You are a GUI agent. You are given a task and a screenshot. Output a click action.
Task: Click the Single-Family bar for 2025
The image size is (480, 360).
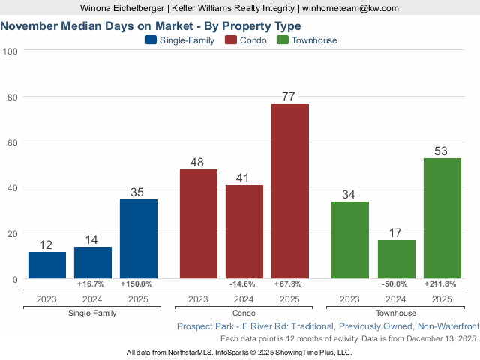[139, 238]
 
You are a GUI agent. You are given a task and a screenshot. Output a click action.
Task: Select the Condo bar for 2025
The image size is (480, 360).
[290, 190]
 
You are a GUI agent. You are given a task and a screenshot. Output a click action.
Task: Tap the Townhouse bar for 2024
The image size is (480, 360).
[396, 259]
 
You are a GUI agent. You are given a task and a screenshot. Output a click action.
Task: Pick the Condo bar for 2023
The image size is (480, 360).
[199, 223]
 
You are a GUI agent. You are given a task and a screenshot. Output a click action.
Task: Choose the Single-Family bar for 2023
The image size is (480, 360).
[47, 265]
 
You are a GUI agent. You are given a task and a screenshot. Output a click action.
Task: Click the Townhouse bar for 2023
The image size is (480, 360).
[350, 240]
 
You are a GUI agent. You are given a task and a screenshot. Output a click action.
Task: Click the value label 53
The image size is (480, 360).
[441, 151]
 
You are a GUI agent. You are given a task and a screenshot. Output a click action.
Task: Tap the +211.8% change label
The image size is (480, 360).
[441, 284]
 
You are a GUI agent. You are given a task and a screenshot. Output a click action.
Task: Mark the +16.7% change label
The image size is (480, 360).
[93, 284]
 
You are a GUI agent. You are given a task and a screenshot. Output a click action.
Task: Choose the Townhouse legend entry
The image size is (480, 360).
[307, 40]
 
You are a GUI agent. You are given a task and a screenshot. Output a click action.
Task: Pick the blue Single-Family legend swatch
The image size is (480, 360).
[150, 40]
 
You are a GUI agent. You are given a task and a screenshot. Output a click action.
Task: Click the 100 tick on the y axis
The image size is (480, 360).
[11, 51]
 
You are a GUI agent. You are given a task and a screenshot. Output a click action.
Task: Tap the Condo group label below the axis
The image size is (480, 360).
[244, 313]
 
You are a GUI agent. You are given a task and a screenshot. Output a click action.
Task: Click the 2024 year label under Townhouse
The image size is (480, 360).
[396, 299]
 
